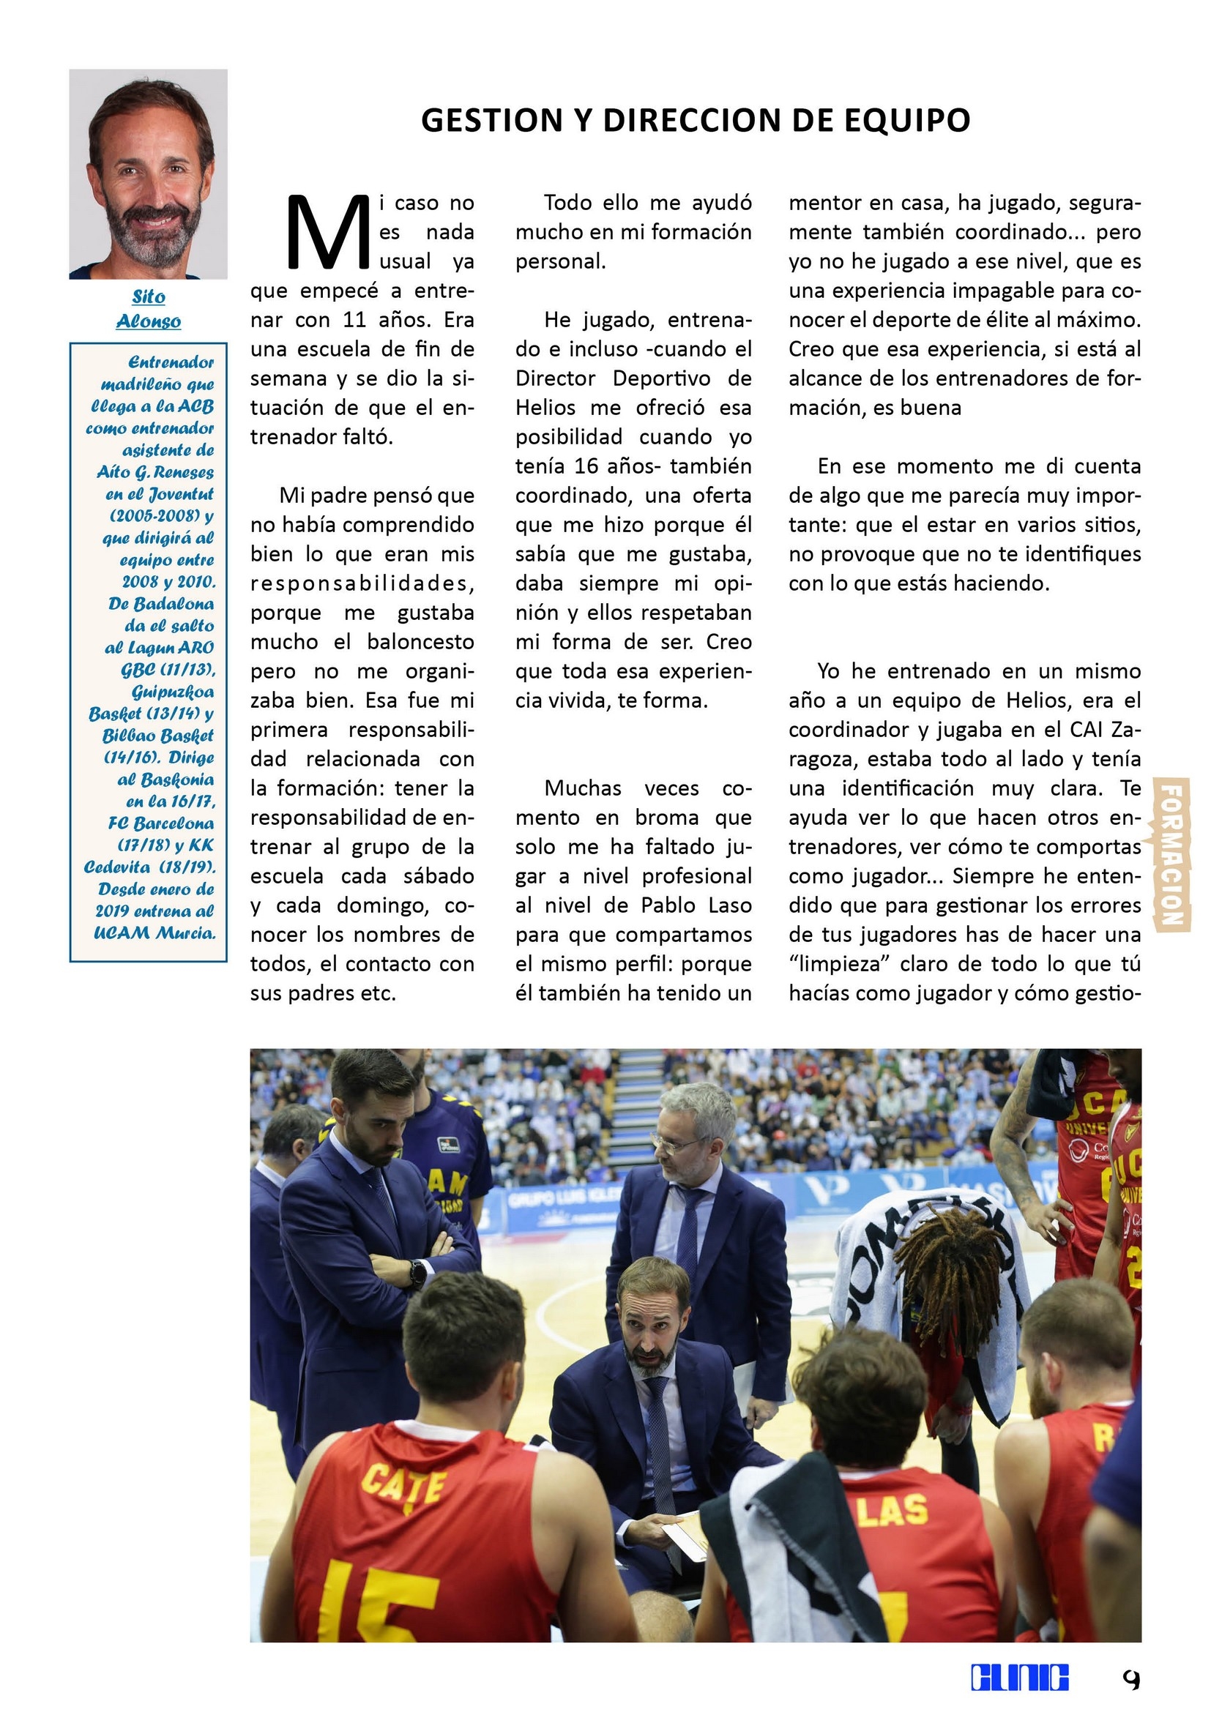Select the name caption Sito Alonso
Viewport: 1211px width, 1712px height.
click(x=149, y=309)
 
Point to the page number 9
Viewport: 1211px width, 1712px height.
click(x=1130, y=1679)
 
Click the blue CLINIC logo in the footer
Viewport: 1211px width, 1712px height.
click(x=1019, y=1678)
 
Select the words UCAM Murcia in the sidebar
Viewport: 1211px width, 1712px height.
click(x=154, y=932)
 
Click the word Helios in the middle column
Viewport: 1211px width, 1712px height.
click(x=545, y=408)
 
